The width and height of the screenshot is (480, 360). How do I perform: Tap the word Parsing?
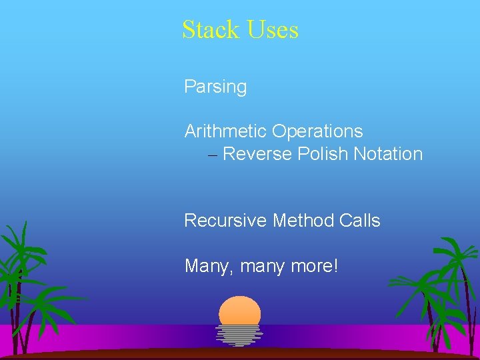(x=215, y=87)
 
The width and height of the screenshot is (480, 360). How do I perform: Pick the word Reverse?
(x=257, y=154)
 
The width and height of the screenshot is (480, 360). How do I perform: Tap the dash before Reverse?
(x=212, y=155)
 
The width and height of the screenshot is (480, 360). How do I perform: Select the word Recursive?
(x=226, y=221)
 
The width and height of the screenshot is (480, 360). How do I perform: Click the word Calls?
(x=361, y=221)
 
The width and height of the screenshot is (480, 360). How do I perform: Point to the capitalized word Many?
(x=207, y=267)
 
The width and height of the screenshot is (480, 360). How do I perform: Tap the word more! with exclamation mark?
(x=315, y=267)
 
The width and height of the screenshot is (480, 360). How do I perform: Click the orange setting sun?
(x=239, y=311)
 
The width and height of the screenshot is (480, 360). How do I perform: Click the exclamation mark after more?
(x=336, y=266)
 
